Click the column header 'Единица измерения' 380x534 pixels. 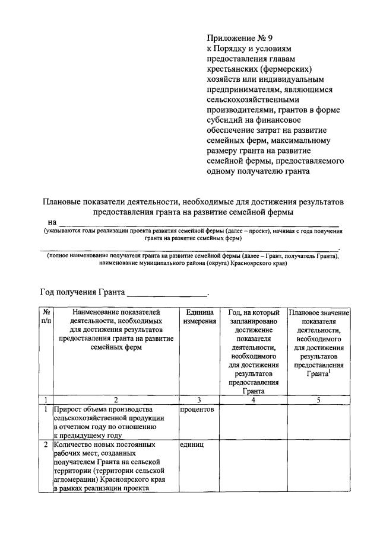198,316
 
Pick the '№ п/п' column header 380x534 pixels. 45,316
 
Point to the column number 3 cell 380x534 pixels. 198,399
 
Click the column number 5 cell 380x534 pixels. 318,399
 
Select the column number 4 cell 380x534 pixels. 254,399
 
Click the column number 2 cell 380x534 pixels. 116,399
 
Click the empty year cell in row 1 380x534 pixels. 254,421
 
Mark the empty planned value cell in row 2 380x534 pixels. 318,465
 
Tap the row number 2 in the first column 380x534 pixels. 45,444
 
